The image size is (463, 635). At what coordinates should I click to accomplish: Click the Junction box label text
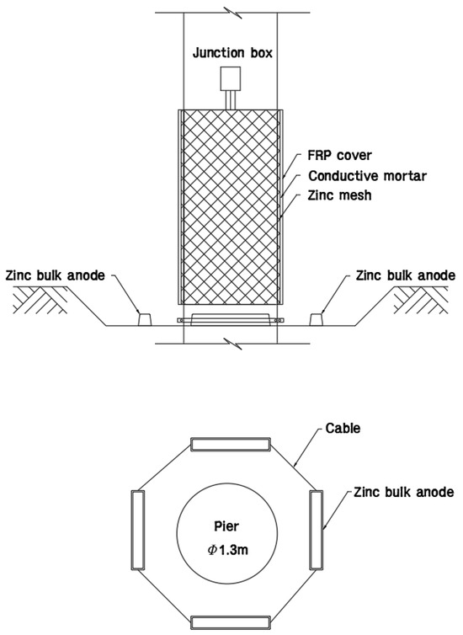(x=229, y=53)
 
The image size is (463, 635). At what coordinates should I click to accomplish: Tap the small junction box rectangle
(x=229, y=79)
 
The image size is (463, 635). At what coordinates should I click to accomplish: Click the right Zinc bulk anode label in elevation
(x=406, y=275)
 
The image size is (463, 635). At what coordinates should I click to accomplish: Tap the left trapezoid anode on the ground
(x=144, y=319)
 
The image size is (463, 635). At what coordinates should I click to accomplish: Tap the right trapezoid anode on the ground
(x=318, y=319)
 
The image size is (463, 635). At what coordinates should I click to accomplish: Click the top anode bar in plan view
(x=229, y=444)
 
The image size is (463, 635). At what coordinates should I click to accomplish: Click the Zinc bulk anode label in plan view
(x=404, y=490)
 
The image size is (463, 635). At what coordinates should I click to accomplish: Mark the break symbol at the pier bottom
(x=229, y=342)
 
